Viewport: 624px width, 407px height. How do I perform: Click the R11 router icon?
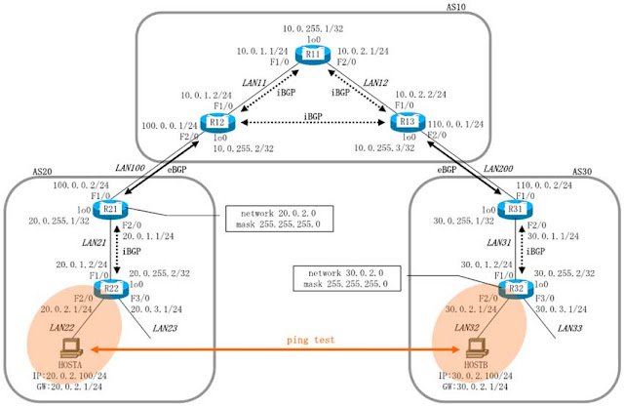click(x=313, y=55)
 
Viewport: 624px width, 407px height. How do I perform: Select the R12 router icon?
click(x=216, y=123)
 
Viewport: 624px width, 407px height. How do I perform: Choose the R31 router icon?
click(x=511, y=209)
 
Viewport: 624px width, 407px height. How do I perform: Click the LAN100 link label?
click(x=130, y=169)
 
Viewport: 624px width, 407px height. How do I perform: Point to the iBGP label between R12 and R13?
click(x=313, y=115)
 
